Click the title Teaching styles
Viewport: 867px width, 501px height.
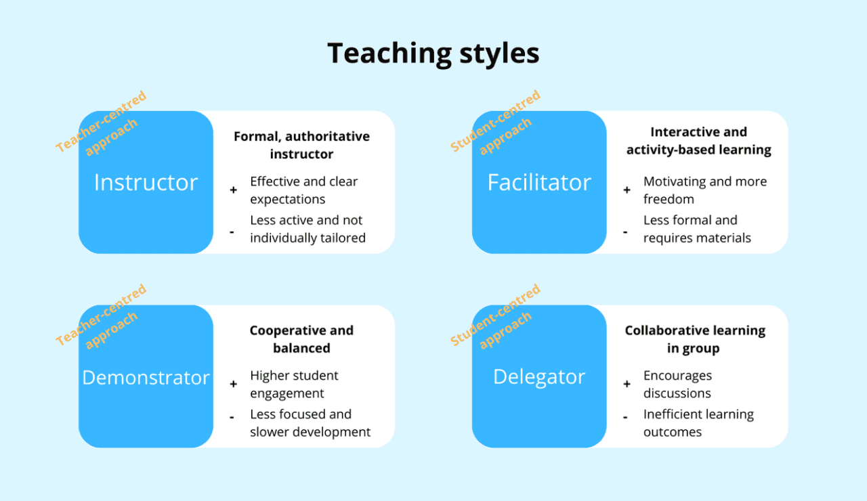(x=433, y=53)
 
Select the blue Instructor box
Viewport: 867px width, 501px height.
(x=146, y=182)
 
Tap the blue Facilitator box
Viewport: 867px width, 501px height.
(x=539, y=182)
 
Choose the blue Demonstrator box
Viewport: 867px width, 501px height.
(x=146, y=377)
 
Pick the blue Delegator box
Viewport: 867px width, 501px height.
(x=539, y=376)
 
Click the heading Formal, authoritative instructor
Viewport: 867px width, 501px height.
(x=301, y=145)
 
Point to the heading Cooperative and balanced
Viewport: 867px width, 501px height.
(x=301, y=339)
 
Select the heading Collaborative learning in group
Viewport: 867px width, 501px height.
(x=695, y=339)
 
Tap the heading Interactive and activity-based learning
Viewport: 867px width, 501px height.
(x=698, y=141)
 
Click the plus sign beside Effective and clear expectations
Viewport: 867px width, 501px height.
(x=234, y=191)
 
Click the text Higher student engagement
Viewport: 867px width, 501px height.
(x=294, y=385)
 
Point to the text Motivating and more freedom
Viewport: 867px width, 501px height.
(x=704, y=190)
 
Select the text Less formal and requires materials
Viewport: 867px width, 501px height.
(x=696, y=229)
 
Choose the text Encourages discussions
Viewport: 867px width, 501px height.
(x=677, y=385)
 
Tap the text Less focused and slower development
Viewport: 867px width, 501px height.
(x=310, y=423)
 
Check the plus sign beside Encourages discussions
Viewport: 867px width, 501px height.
(x=627, y=385)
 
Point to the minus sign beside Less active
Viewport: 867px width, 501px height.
(x=232, y=232)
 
